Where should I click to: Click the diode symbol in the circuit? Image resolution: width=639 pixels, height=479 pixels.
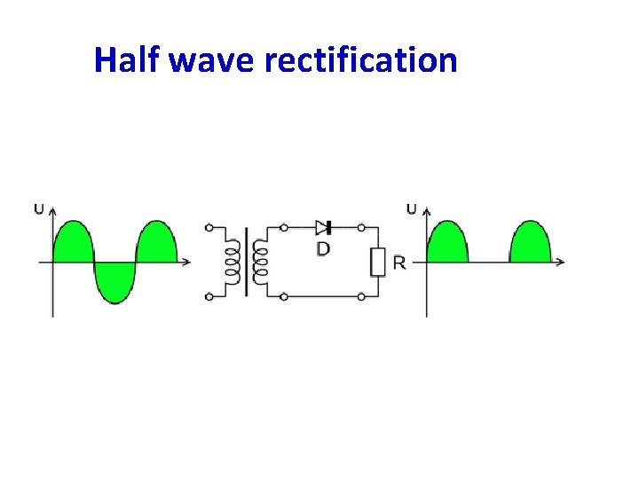tap(324, 228)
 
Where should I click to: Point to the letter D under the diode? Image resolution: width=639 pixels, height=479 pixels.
tap(323, 249)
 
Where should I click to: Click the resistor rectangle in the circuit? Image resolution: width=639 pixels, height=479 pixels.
tap(378, 262)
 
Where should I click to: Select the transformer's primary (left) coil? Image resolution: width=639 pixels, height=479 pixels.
tap(233, 262)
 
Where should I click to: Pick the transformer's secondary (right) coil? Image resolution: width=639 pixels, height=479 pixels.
tap(260, 262)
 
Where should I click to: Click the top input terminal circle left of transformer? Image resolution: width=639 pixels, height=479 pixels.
tap(209, 228)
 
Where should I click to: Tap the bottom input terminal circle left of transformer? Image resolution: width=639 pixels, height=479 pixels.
tap(209, 295)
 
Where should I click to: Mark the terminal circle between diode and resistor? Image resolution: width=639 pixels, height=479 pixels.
tap(361, 228)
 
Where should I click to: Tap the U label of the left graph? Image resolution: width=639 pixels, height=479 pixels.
tap(38, 209)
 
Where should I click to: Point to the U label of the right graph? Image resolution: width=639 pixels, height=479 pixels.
tap(411, 209)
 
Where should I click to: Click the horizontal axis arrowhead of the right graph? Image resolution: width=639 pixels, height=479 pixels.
tap(560, 262)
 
